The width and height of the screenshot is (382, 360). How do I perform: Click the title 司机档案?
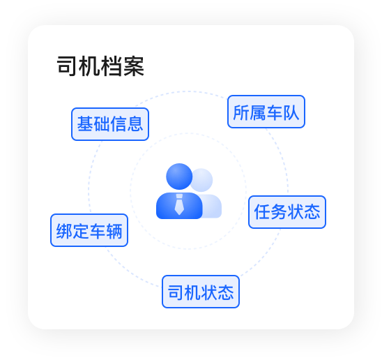(x=100, y=66)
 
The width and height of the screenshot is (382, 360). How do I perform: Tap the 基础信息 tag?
(x=110, y=124)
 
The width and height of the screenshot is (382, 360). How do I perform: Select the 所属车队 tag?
(x=266, y=112)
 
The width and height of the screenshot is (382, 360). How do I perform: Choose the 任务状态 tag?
(x=287, y=212)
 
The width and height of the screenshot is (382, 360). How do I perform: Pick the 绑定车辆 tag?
(x=89, y=230)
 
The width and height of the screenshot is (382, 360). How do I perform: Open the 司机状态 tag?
(x=201, y=292)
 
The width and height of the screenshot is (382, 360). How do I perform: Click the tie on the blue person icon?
(x=179, y=204)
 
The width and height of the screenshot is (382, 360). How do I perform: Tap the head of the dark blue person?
(x=179, y=177)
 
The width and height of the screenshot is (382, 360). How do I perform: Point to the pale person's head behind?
(x=202, y=180)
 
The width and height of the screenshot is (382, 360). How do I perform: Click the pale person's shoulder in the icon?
(x=213, y=207)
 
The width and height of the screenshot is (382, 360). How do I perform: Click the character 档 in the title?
(x=112, y=66)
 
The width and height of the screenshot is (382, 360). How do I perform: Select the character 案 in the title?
(x=134, y=66)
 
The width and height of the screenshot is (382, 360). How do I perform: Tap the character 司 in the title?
(x=67, y=66)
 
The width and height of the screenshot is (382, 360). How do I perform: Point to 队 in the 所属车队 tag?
(x=291, y=112)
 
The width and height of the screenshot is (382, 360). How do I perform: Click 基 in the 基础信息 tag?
(x=85, y=124)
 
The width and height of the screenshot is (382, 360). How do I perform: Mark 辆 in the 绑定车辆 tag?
(x=114, y=231)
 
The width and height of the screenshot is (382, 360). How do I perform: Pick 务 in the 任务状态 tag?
(x=279, y=212)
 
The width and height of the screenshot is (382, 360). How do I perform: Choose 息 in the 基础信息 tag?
(x=135, y=124)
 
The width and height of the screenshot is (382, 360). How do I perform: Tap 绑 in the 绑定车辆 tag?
(x=64, y=231)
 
